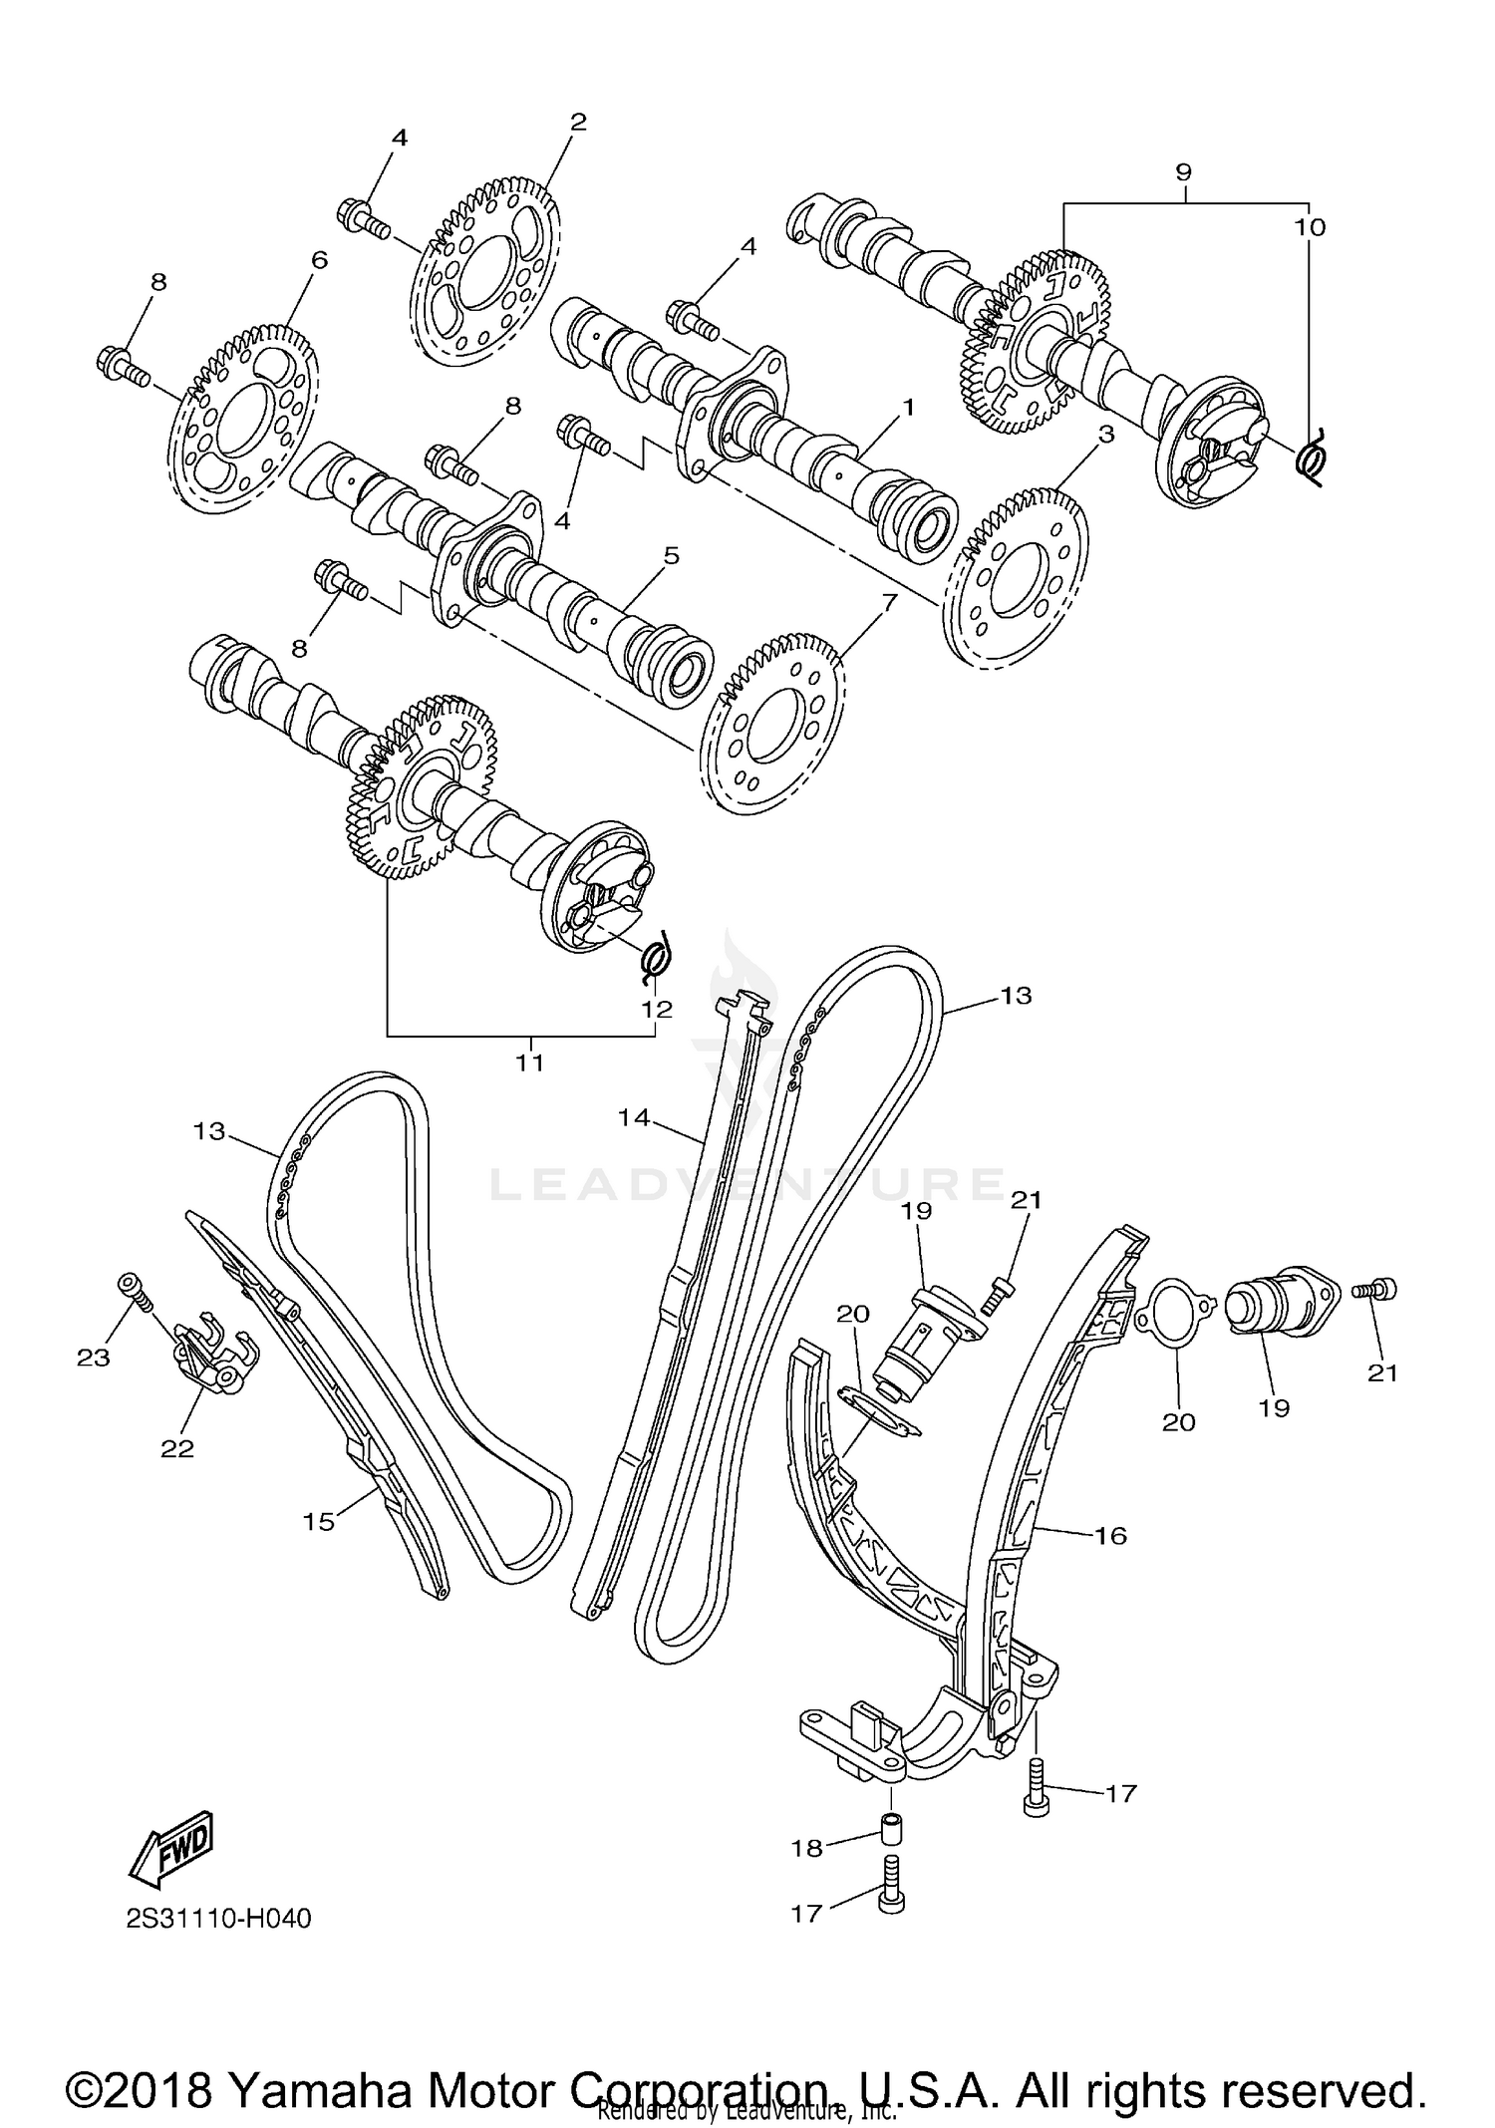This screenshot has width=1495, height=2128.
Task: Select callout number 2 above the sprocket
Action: (578, 123)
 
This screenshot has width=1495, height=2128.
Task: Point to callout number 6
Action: (319, 260)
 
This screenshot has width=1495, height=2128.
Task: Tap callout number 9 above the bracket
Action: (1183, 171)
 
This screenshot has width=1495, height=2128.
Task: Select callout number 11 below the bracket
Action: (529, 1063)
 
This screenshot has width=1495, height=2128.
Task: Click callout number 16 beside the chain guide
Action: (1110, 1535)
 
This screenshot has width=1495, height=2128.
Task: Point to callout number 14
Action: (634, 1118)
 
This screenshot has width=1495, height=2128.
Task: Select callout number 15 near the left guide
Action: (319, 1522)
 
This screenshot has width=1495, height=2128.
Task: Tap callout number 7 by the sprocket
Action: (888, 602)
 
